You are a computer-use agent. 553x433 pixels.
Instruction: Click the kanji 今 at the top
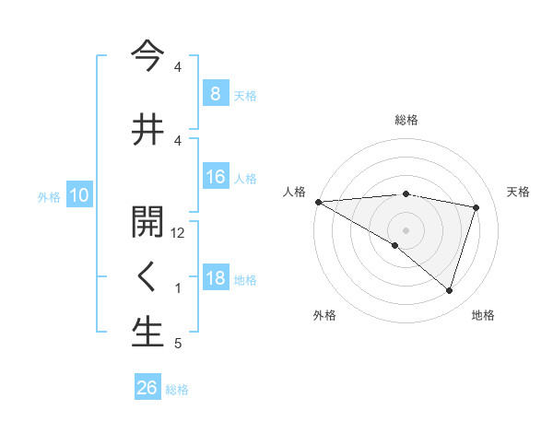click(x=147, y=53)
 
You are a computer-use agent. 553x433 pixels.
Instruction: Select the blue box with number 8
click(x=215, y=94)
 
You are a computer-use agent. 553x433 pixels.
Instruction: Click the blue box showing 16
click(x=215, y=178)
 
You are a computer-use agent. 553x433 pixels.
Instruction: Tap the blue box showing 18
click(x=215, y=279)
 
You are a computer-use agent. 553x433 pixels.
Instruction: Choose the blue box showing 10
click(x=78, y=195)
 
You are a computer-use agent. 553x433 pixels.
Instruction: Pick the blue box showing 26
click(x=147, y=388)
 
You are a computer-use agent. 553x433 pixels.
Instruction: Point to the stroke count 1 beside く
click(x=178, y=288)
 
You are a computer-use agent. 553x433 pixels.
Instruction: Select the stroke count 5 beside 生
click(x=178, y=344)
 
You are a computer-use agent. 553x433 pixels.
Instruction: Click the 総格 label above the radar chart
click(x=406, y=120)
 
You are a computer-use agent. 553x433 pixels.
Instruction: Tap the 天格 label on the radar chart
click(x=518, y=192)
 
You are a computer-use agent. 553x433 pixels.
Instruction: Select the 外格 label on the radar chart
click(x=324, y=315)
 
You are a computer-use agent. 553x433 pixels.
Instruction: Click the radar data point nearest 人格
click(x=318, y=202)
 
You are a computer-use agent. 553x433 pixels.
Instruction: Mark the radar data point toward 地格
click(x=449, y=291)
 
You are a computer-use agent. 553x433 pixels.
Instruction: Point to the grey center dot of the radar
click(x=406, y=228)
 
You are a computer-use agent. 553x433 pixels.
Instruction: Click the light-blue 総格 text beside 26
click(x=177, y=389)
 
